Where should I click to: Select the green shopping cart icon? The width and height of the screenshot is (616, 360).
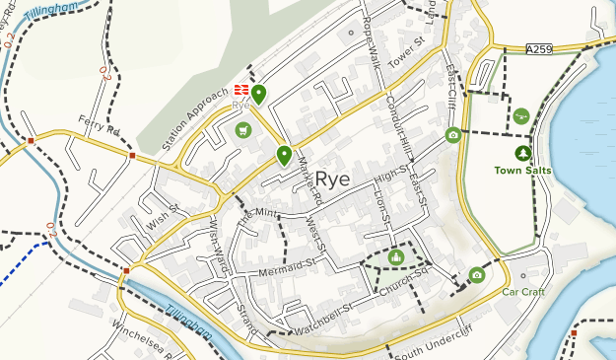point(242,129)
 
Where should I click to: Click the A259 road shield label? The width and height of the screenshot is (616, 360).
point(539,48)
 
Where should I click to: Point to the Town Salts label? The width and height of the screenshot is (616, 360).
point(522,171)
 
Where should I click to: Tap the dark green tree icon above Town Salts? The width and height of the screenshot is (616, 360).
point(522,153)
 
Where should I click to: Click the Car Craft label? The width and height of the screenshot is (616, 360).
point(522,292)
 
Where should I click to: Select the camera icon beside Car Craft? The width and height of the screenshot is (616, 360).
point(477,274)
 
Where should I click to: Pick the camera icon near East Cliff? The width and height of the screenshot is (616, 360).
point(452,134)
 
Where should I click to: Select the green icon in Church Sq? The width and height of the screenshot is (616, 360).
point(396,257)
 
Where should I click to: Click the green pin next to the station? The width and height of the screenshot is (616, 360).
point(259,96)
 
